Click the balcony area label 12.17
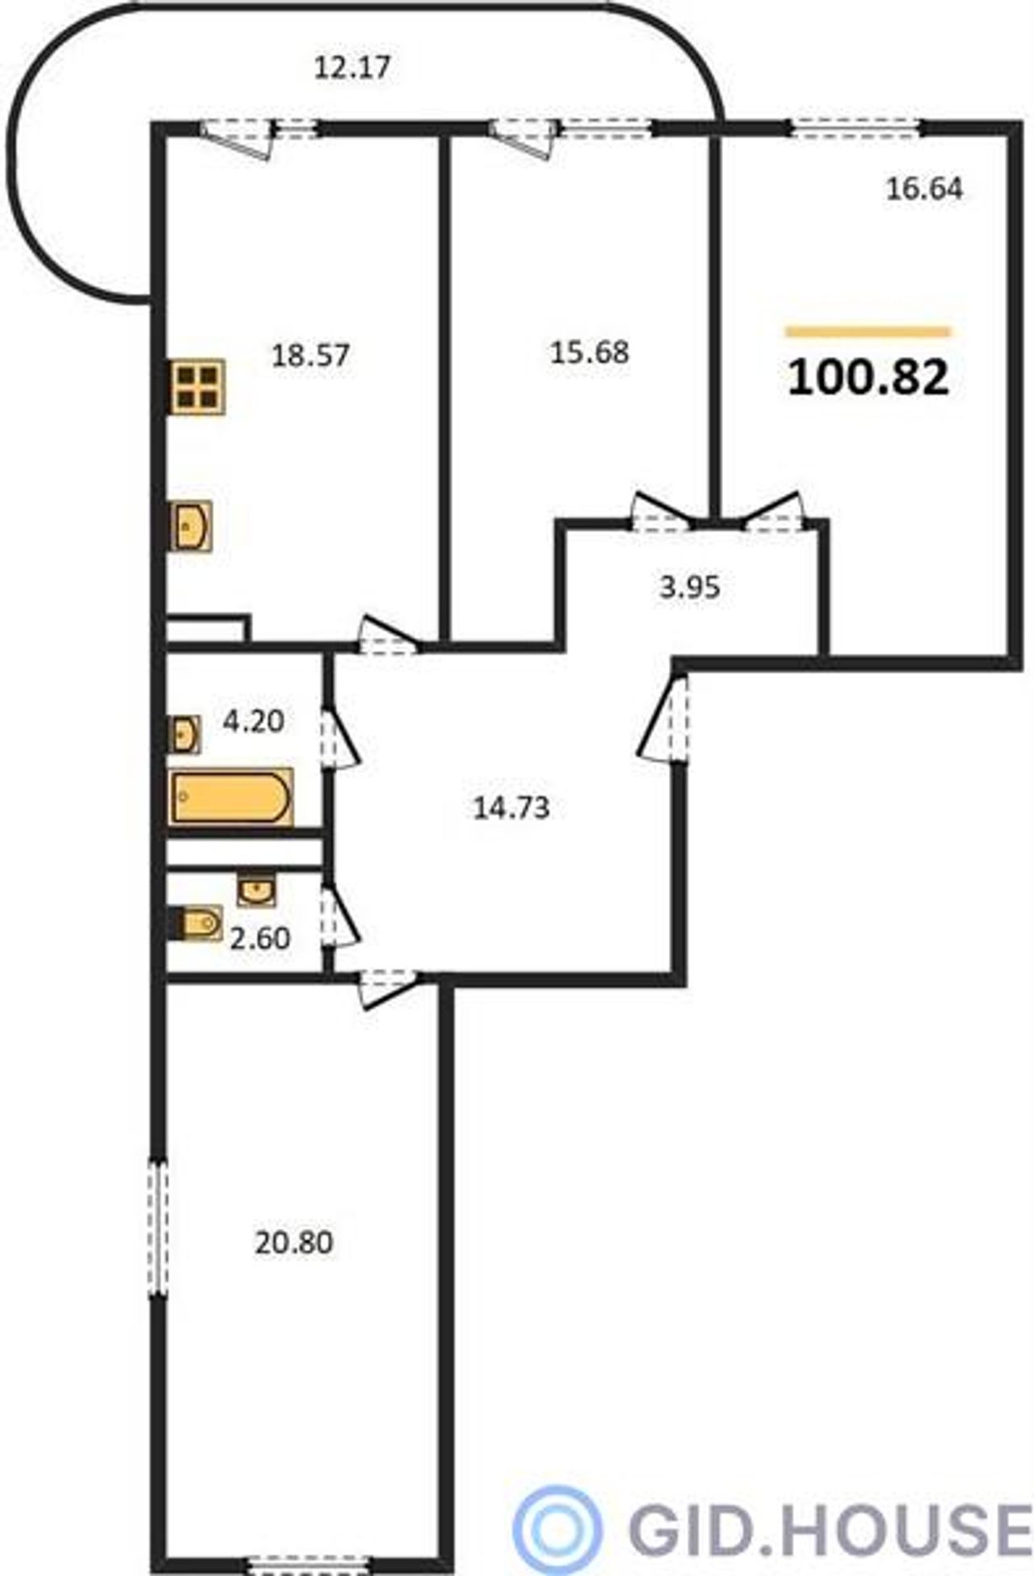351,67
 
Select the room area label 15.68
589,352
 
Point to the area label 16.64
925,188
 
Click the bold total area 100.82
868,377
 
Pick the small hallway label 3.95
689,587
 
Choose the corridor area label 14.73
511,807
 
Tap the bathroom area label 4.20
254,720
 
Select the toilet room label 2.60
260,938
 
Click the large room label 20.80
294,1242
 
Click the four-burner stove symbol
197,387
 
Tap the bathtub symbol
231,798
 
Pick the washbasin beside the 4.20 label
185,734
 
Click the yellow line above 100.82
868,331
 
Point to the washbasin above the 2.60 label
256,890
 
